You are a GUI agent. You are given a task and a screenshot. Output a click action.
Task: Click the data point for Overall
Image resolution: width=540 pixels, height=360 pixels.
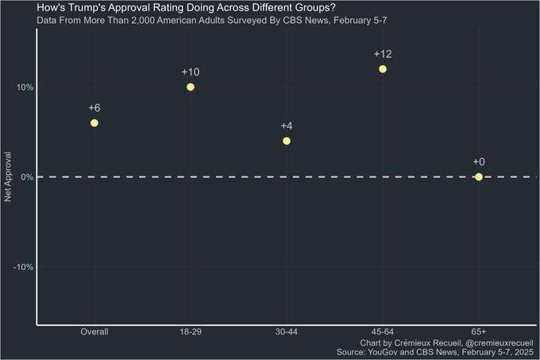[94, 123]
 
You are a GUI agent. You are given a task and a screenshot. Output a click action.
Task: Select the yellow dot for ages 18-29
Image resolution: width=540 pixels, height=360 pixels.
[191, 87]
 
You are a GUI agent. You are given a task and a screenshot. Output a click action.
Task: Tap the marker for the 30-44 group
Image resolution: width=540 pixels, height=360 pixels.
[287, 141]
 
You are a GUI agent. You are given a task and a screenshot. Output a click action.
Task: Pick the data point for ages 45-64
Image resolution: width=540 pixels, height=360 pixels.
[383, 69]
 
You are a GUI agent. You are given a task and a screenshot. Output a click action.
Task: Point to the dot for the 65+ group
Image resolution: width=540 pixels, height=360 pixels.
[479, 176]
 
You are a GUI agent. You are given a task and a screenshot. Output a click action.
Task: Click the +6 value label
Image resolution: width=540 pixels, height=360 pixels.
[94, 108]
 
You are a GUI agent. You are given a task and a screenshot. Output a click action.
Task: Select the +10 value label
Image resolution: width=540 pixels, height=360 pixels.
[191, 72]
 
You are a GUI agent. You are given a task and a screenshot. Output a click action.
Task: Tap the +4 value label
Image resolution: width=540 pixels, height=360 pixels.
[287, 126]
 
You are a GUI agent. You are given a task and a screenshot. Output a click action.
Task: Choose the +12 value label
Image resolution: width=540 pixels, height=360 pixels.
[383, 54]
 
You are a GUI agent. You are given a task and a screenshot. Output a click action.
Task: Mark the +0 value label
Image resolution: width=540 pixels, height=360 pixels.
[479, 162]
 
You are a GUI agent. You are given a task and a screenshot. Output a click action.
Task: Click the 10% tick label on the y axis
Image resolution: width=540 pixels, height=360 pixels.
[22, 87]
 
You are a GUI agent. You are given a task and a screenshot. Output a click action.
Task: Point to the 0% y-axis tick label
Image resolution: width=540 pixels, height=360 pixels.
[25, 176]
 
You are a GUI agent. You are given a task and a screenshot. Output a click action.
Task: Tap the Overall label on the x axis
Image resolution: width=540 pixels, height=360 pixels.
[94, 331]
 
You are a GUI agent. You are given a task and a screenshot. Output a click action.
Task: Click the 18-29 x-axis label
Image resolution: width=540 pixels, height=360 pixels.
[191, 331]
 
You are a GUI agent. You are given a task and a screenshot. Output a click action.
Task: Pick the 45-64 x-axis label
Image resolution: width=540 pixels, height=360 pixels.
[383, 331]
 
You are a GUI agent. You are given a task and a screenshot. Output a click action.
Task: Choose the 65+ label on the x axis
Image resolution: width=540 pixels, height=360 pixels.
[479, 331]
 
